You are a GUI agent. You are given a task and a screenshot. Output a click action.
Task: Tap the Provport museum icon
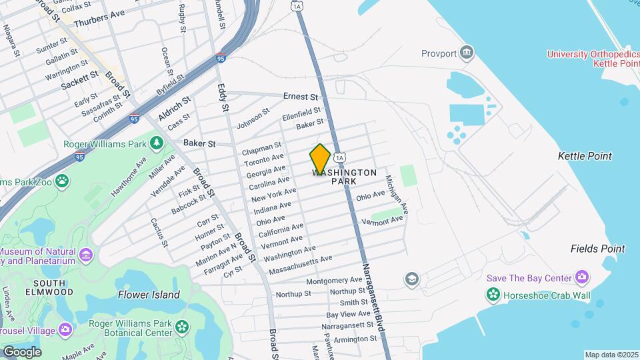[467, 52]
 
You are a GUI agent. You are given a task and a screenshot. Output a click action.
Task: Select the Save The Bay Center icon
[582, 277]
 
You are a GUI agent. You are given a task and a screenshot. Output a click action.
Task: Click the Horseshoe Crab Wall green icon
[493, 294]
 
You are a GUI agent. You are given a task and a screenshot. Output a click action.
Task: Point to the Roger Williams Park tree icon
[157, 143]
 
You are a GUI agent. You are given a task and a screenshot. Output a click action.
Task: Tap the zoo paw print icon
[62, 181]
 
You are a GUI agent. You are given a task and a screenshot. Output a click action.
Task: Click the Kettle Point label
[585, 156]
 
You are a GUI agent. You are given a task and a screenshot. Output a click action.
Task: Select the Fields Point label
[597, 249]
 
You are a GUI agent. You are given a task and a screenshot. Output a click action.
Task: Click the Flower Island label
[149, 295]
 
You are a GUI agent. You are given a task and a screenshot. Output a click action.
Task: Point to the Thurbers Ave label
[99, 17]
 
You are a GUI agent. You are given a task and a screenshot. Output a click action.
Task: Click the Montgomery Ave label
[333, 281]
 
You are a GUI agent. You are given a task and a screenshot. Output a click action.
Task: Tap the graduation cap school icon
[412, 278]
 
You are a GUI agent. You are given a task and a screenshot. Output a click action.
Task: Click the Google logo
[21, 351]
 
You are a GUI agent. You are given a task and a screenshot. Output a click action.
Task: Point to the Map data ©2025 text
[611, 355]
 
